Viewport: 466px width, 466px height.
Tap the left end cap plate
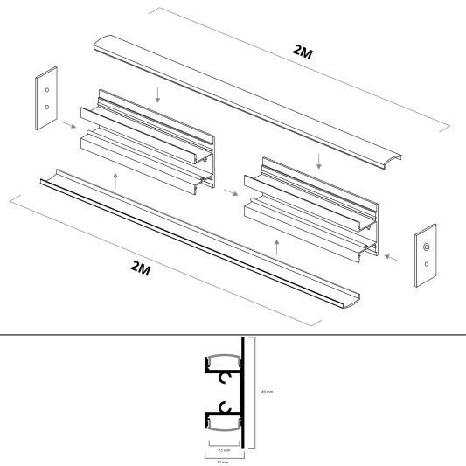(x=46, y=98)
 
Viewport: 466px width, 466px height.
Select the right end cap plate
(x=425, y=254)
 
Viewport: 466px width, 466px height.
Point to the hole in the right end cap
(x=425, y=249)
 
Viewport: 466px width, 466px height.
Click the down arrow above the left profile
(x=157, y=94)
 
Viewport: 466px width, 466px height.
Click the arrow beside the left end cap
(x=67, y=125)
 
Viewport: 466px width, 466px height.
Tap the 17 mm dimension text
(x=224, y=462)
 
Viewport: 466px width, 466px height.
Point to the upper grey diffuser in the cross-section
(x=224, y=359)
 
